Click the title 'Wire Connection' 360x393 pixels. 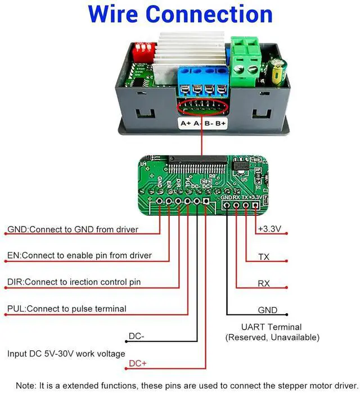[180, 14]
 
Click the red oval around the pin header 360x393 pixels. [203, 106]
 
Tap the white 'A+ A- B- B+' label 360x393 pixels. [202, 123]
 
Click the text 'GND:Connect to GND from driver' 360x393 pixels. [73, 229]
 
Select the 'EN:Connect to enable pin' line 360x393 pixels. [79, 255]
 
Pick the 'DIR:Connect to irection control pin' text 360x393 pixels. [74, 282]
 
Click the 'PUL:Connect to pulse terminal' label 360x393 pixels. [66, 309]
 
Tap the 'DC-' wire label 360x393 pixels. [137, 336]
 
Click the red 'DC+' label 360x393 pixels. [138, 363]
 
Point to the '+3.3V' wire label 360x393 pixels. [268, 229]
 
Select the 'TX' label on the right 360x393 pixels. [263, 257]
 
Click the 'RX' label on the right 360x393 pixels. [263, 284]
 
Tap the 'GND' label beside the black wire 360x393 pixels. [267, 310]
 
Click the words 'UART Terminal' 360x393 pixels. [272, 327]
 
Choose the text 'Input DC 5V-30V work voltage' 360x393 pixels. [66, 354]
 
